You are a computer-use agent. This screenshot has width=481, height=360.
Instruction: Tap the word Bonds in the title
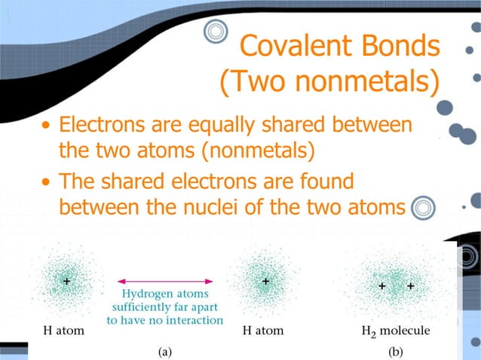click(397, 47)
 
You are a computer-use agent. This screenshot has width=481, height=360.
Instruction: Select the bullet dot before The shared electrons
click(47, 183)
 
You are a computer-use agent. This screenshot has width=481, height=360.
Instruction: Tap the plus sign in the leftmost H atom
click(67, 281)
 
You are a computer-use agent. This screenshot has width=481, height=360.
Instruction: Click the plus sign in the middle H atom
click(265, 281)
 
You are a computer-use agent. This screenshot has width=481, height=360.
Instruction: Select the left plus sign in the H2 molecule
click(381, 286)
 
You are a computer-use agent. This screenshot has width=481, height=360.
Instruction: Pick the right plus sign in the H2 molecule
click(410, 286)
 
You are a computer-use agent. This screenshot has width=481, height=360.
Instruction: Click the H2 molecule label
click(395, 331)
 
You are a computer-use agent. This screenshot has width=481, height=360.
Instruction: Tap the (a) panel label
click(164, 350)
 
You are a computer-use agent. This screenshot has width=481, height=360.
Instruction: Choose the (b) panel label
click(395, 350)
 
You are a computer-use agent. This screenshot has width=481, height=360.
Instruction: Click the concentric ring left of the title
click(216, 32)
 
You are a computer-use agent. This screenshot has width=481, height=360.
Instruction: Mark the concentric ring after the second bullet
click(425, 206)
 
